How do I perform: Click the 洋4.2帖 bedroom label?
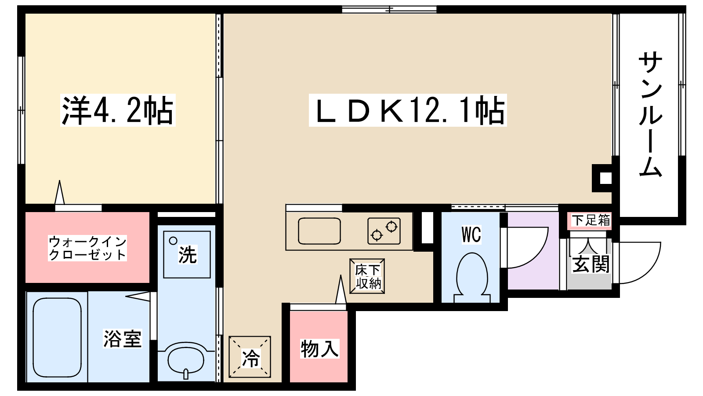coord(118,110)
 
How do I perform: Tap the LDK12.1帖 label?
coord(408,110)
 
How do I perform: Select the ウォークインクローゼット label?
coord(87,248)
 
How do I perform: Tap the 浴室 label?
coord(123,339)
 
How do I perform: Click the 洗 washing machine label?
coord(187,255)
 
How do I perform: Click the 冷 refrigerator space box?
coord(250,357)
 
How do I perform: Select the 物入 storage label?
coord(319,348)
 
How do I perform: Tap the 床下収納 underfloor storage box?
coord(367,276)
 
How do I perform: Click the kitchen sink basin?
coord(319,231)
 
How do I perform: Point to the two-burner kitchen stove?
coord(384,231)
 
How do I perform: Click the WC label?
coord(471,235)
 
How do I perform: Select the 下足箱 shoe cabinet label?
coord(591,220)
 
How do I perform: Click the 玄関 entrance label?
coord(591,264)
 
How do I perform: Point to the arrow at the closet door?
coord(60,192)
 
